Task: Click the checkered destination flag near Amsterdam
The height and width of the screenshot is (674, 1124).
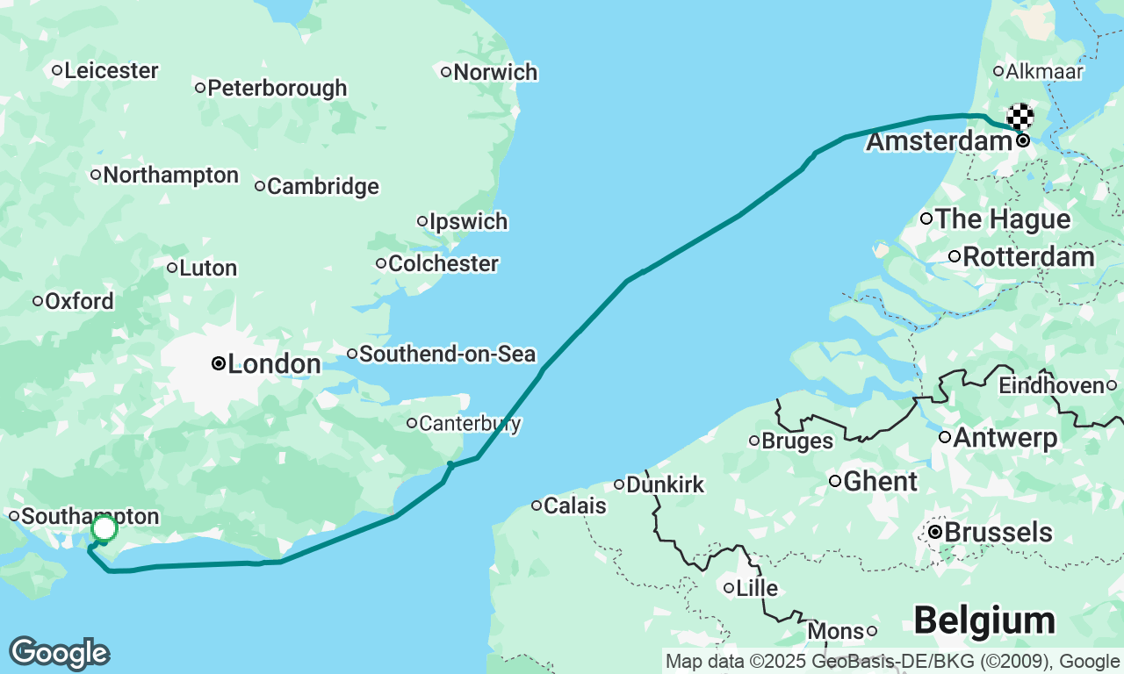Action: pyautogui.click(x=1020, y=116)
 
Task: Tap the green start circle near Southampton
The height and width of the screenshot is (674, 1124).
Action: pyautogui.click(x=104, y=528)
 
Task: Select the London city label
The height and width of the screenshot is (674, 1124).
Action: pyautogui.click(x=273, y=364)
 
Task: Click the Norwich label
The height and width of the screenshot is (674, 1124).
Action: pyautogui.click(x=495, y=72)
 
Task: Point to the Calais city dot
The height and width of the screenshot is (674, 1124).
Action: pyautogui.click(x=537, y=505)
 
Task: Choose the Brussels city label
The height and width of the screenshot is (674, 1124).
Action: pyautogui.click(x=998, y=533)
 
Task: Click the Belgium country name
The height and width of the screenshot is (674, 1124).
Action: pyautogui.click(x=983, y=620)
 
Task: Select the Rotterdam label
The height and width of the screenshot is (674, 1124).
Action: pyautogui.click(x=1028, y=257)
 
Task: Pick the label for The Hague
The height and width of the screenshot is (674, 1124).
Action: pyautogui.click(x=1003, y=219)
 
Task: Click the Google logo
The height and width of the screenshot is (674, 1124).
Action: pyautogui.click(x=59, y=654)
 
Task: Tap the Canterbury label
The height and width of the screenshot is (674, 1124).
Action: pyautogui.click(x=470, y=424)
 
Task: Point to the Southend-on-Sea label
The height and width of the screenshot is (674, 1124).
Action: pyautogui.click(x=447, y=355)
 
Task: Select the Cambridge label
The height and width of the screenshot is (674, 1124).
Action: pyautogui.click(x=322, y=186)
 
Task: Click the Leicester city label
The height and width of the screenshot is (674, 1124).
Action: pyautogui.click(x=111, y=70)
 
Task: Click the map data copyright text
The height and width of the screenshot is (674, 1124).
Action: pyautogui.click(x=892, y=662)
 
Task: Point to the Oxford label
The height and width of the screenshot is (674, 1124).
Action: pyautogui.click(x=79, y=302)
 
